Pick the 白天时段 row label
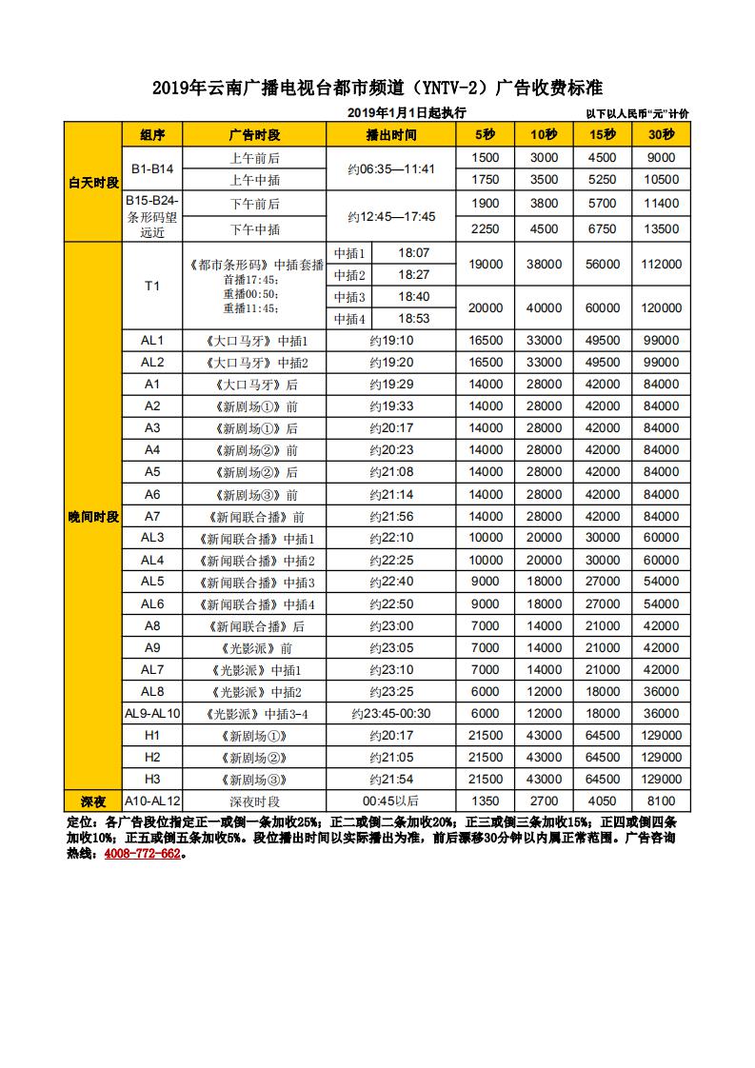coord(93,181)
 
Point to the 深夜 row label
coord(93,801)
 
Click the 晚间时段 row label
coord(93,516)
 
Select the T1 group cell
coord(152,286)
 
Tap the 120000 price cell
coord(661,307)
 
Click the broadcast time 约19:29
coord(391,384)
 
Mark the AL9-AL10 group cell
coord(152,713)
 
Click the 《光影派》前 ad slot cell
coord(254,647)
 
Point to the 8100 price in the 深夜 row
coord(661,801)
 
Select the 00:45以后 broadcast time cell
coord(391,801)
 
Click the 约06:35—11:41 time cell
coord(391,168)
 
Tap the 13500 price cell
coord(661,228)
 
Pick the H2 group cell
coord(152,757)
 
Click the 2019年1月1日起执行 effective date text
coord(407,113)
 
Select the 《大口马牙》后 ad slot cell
coord(254,384)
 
